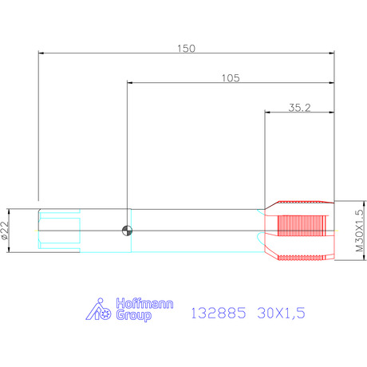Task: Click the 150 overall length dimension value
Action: click(x=186, y=49)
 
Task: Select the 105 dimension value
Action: click(x=231, y=78)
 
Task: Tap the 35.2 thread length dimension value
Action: click(x=299, y=108)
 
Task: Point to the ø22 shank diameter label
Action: click(x=5, y=231)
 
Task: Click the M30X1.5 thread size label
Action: click(x=359, y=231)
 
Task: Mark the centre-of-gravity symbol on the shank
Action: click(x=127, y=231)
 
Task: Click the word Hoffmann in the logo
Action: click(x=144, y=303)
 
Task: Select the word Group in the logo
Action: click(x=134, y=315)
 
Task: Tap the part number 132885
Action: click(x=219, y=313)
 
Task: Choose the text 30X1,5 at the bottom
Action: click(x=281, y=313)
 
